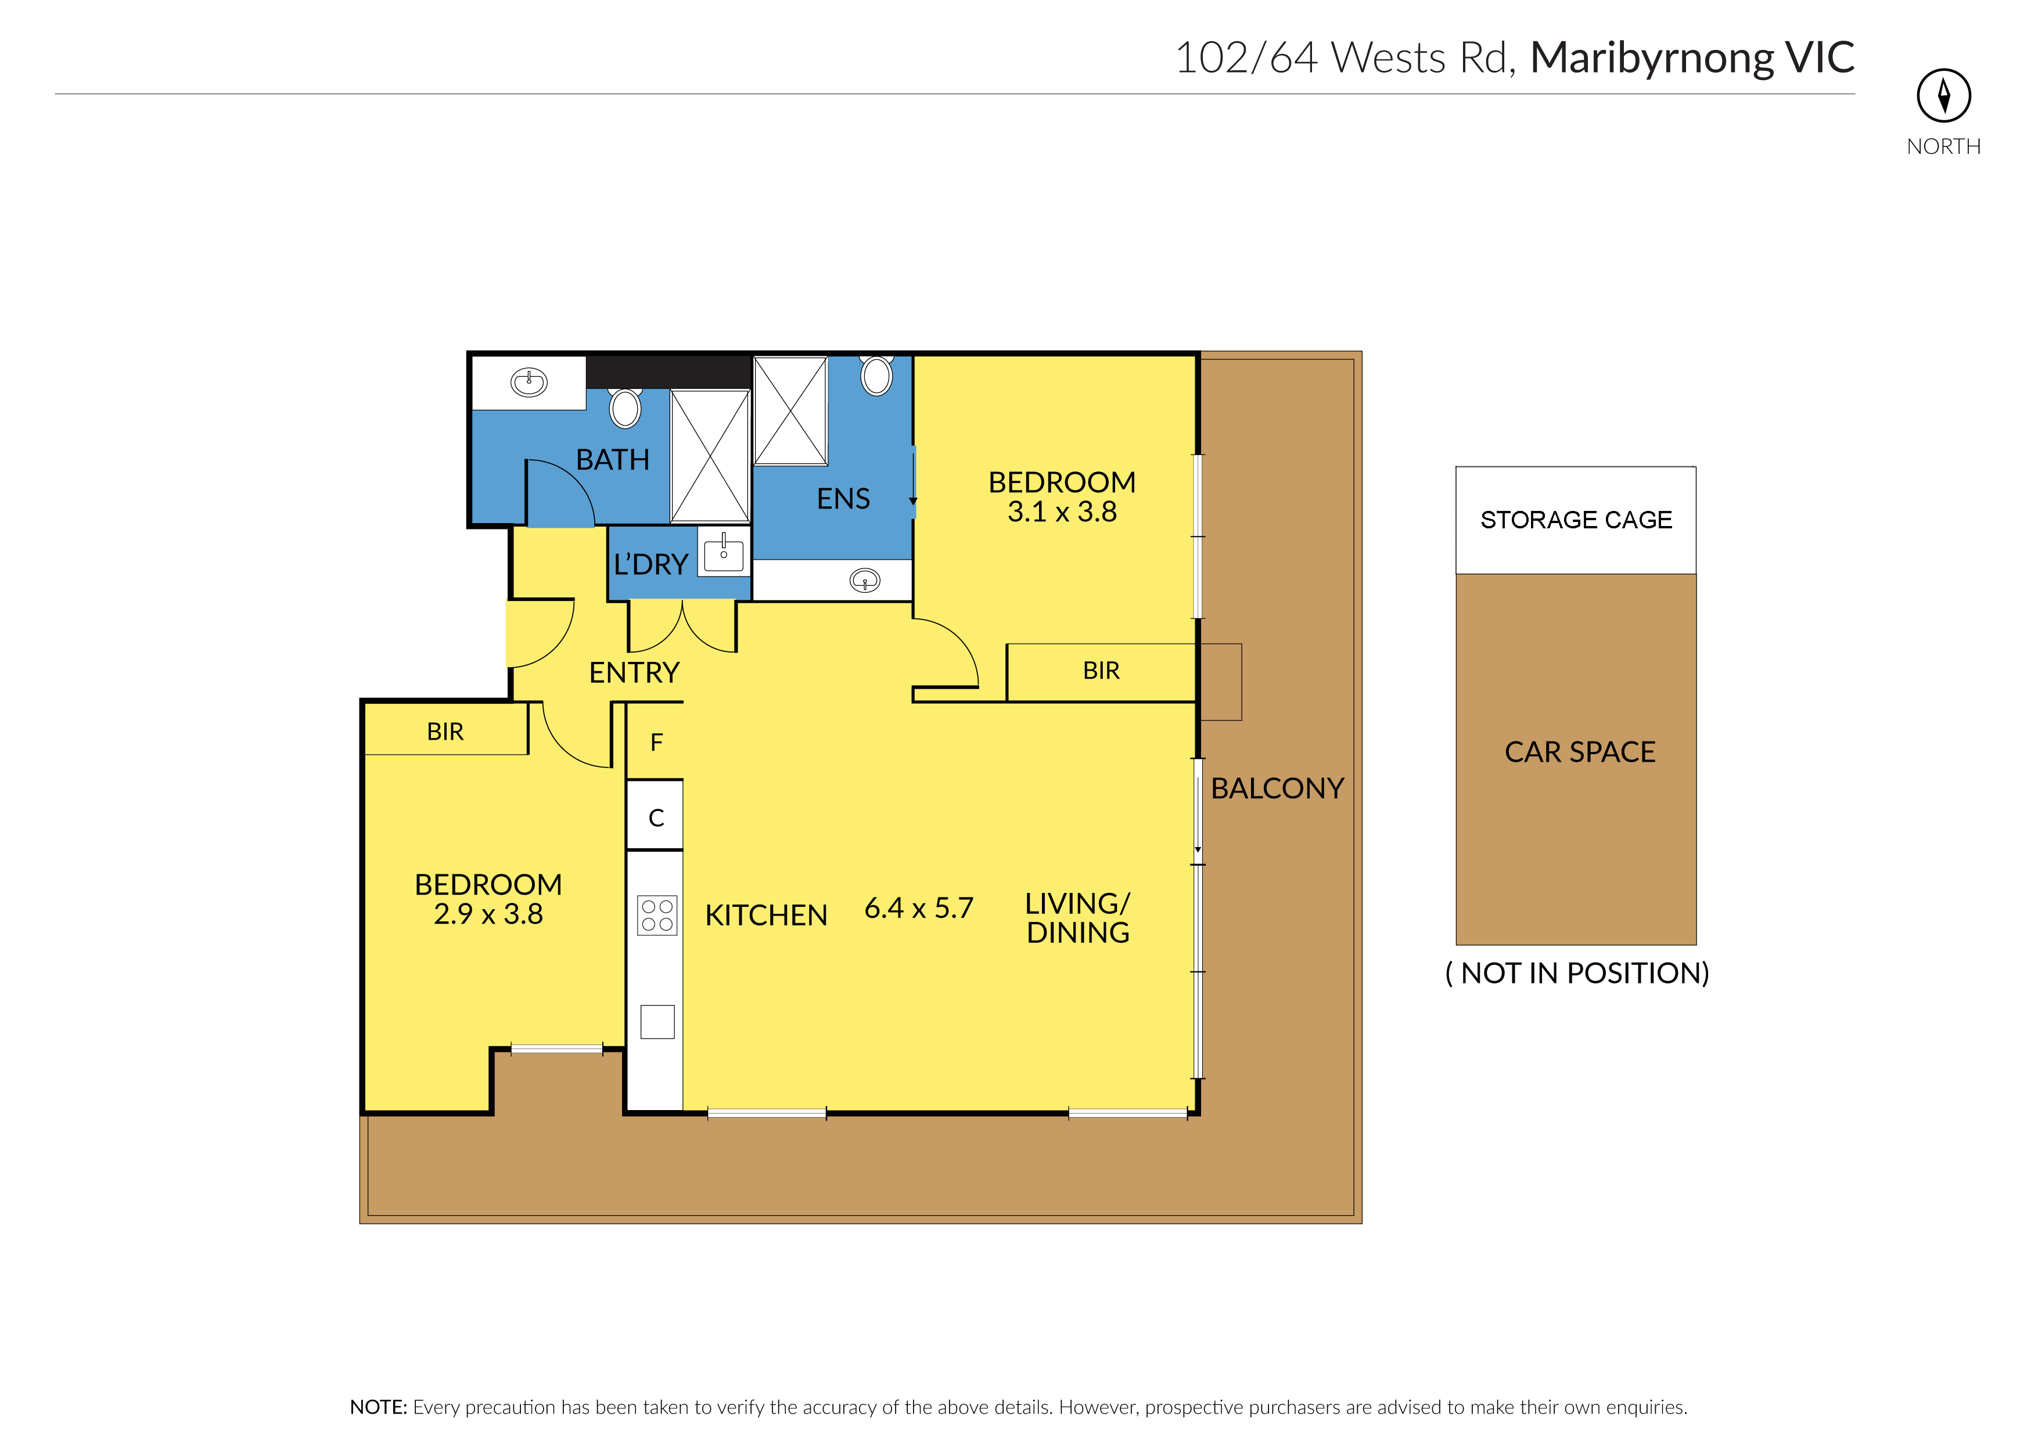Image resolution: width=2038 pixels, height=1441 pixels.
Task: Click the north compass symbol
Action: [1944, 96]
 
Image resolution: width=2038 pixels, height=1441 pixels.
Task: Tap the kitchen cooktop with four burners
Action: [657, 916]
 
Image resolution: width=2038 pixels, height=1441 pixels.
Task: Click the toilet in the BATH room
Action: [625, 408]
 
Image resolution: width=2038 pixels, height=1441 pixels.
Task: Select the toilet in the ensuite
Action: [877, 375]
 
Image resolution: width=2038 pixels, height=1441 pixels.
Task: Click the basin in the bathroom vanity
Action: [529, 383]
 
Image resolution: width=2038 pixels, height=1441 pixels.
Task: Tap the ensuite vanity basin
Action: [865, 581]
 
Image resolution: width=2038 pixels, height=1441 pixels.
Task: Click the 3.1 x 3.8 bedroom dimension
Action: [1062, 512]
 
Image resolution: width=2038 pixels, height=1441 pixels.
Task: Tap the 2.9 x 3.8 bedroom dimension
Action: [488, 914]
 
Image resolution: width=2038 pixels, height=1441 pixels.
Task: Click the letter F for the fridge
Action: [657, 742]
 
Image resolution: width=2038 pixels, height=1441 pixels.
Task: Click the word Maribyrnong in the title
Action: [1652, 59]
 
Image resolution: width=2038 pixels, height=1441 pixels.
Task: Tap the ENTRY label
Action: [634, 672]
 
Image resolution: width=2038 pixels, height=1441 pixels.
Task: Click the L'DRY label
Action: [650, 564]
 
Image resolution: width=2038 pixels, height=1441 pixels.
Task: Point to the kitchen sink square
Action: [657, 1021]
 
